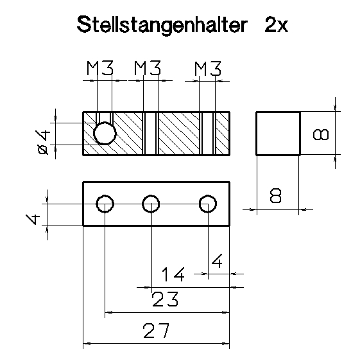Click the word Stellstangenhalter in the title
163,25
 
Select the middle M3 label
148,68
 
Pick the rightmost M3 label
208,68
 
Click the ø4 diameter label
44,141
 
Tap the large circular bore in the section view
105,134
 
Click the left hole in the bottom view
105,204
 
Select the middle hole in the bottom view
151,204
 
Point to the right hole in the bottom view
207,204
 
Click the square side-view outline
278,133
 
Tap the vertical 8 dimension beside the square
320,134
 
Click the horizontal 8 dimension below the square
276,196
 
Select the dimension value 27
156,331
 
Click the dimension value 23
165,299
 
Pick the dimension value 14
173,276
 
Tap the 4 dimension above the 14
217,262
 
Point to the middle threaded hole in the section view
150,134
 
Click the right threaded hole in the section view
207,134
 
